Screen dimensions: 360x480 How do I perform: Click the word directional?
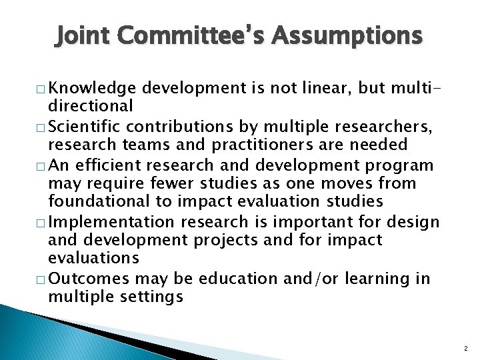(x=91, y=105)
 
